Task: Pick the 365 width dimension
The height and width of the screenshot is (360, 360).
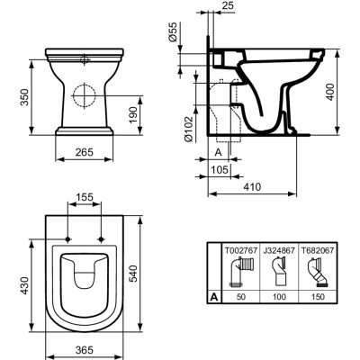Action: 85,348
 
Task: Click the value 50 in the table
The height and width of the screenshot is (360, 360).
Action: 240,294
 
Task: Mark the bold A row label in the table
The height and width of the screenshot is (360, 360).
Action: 214,294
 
